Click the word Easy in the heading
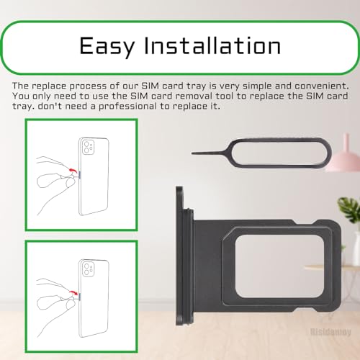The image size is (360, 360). pos(107,46)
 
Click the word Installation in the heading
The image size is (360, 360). pos(212,45)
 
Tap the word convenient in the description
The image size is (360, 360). pos(322,86)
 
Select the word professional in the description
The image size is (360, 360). pos(127,107)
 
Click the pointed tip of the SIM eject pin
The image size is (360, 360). pos(192,153)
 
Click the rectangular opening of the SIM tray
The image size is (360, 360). pos(279,269)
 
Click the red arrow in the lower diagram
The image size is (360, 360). pos(73,292)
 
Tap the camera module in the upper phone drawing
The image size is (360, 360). pos(88,147)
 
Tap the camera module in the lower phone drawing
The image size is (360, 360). pos(88,269)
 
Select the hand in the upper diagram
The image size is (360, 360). pos(56,182)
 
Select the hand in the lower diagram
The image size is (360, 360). pos(56,305)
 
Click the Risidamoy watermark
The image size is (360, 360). pos(331,332)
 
